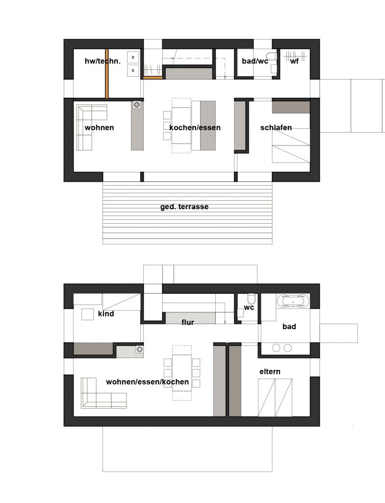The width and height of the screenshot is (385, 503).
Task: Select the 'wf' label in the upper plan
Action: [x=294, y=61]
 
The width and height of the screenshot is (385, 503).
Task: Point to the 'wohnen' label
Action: [x=99, y=128]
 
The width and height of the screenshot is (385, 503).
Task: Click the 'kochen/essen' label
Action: [x=195, y=128]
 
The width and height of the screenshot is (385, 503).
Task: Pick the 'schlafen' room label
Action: [x=276, y=128]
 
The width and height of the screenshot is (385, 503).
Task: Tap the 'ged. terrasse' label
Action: [x=184, y=207]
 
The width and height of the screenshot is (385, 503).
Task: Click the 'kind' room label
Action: [x=106, y=313]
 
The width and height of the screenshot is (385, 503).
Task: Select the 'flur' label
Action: [x=187, y=322]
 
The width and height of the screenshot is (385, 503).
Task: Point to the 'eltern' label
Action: [x=270, y=371]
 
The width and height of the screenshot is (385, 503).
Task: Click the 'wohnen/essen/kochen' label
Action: [x=147, y=382]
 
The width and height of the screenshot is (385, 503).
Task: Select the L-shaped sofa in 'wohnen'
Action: [x=88, y=120]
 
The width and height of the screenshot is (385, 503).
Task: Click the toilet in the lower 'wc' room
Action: [x=251, y=299]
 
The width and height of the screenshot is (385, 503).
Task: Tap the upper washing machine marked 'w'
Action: [x=132, y=57]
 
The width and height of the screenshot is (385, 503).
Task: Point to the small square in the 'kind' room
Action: [x=87, y=314]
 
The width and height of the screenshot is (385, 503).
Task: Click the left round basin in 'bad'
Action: [x=276, y=347]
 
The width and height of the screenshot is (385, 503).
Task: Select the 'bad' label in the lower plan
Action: [x=289, y=327]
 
